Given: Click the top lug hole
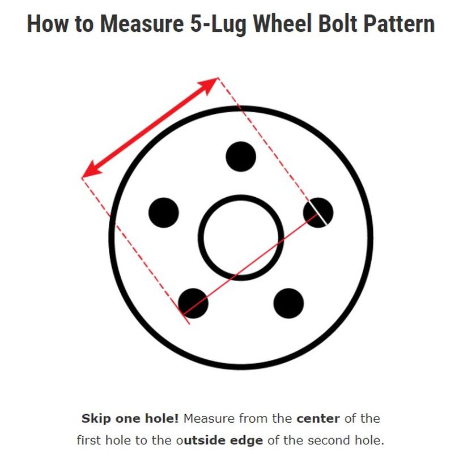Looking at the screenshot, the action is [x=241, y=156].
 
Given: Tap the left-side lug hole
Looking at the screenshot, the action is [x=164, y=213].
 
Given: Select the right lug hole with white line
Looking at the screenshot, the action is [x=318, y=213].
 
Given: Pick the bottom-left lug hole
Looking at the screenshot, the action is [x=193, y=304].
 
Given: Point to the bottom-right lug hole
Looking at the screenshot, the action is [x=288, y=304].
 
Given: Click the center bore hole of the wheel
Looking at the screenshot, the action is [x=241, y=237].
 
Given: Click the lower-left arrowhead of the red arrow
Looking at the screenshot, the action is [x=91, y=171].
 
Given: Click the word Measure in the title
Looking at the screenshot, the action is [x=142, y=23].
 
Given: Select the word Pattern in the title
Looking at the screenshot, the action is [x=399, y=23].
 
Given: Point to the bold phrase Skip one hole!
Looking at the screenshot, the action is [x=130, y=419].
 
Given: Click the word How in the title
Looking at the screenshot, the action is [x=48, y=23].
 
